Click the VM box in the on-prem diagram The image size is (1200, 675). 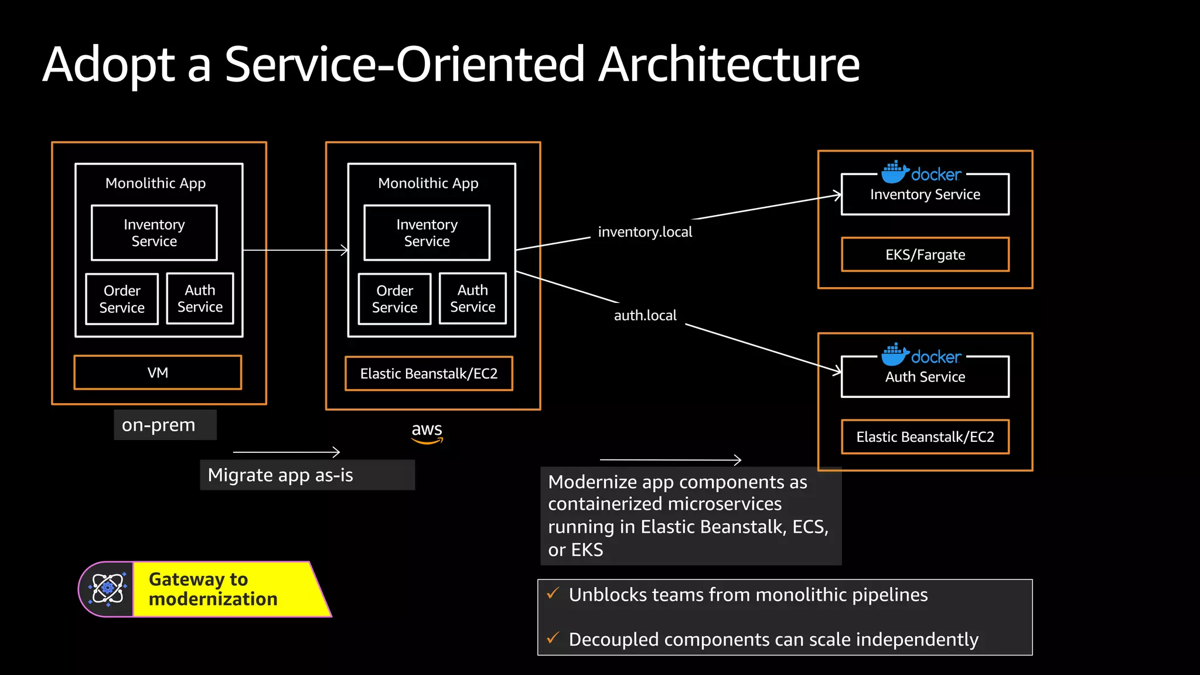click(x=158, y=373)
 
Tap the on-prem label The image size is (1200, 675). click(x=159, y=425)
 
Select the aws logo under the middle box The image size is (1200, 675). click(x=427, y=432)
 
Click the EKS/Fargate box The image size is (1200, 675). click(x=925, y=255)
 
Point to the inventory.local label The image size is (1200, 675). click(x=645, y=232)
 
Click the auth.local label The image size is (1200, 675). click(x=645, y=315)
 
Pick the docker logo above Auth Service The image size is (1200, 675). click(x=922, y=356)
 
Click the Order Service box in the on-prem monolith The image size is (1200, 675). click(x=122, y=299)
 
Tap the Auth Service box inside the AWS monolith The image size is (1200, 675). click(x=472, y=298)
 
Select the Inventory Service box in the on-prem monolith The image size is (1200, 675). click(x=154, y=233)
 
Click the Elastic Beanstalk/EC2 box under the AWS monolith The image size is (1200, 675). click(x=429, y=374)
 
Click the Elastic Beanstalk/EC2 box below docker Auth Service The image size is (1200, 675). click(x=925, y=437)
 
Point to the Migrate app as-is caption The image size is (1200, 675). click(x=281, y=475)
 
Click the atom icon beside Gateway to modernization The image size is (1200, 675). click(x=107, y=588)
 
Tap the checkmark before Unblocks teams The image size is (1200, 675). click(x=553, y=594)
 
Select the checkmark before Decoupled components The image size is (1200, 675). click(x=553, y=638)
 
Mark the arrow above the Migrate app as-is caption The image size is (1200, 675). click(x=287, y=452)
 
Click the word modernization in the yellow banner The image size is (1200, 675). click(x=213, y=599)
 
